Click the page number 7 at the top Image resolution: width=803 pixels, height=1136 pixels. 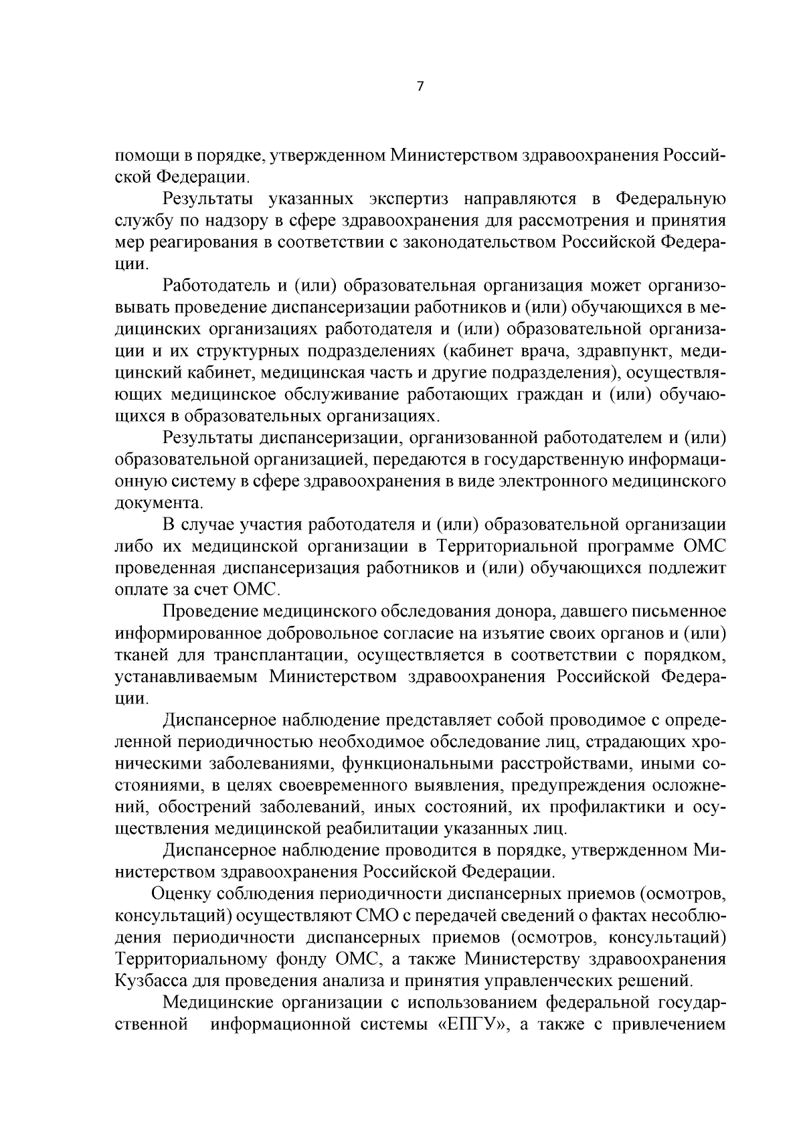click(x=420, y=86)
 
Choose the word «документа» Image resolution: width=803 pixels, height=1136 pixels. click(x=159, y=503)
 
